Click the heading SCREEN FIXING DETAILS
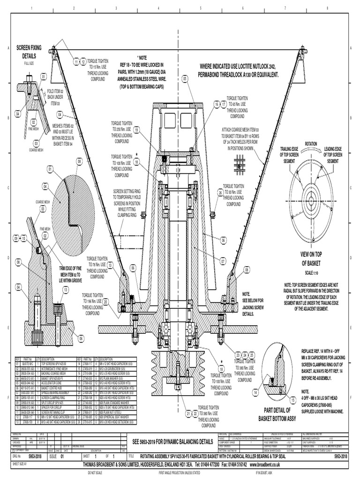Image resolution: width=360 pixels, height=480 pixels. coord(30,52)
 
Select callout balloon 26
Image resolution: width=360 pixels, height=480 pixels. coord(220,193)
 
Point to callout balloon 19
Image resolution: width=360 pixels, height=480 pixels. coord(136,129)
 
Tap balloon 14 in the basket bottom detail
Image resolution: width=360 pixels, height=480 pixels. coord(256,391)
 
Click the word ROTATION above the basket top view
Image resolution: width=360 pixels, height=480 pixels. coord(311,143)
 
